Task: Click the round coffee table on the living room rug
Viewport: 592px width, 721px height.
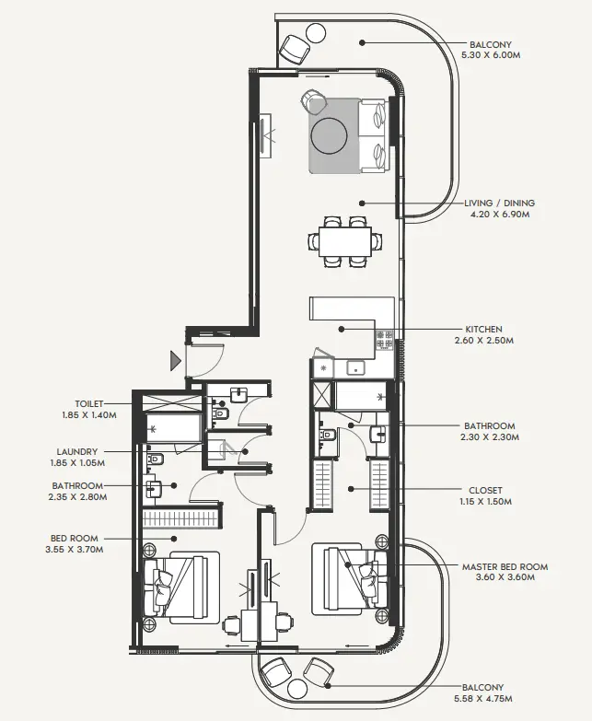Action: (330, 136)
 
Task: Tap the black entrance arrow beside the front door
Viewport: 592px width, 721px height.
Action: (175, 359)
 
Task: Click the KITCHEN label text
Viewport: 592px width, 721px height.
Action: (483, 329)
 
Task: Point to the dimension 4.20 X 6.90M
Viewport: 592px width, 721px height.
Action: (499, 215)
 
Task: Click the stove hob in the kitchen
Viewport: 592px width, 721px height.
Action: (384, 340)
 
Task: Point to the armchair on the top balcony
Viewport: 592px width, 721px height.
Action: (296, 47)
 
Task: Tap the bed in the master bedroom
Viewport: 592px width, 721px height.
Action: (346, 577)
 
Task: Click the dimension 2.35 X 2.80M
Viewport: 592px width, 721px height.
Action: (78, 497)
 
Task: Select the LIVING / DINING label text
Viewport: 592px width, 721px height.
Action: (500, 203)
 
